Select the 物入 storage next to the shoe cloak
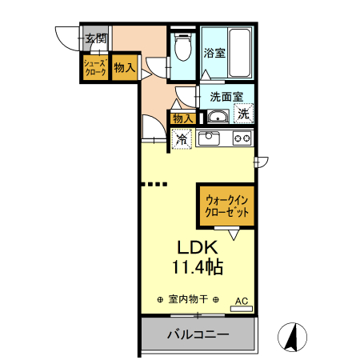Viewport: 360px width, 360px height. coord(124,68)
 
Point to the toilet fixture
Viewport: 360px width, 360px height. coord(183,50)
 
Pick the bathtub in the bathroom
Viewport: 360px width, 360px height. coord(239,51)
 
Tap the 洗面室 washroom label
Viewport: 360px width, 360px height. coord(226,96)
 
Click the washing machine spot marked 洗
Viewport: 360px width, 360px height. coord(242,114)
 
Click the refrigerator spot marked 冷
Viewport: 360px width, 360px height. coord(182,139)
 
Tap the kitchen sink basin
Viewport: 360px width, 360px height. coord(210,139)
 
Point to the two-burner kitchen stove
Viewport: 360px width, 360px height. coord(242,138)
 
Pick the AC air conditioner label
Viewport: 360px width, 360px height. coord(242,302)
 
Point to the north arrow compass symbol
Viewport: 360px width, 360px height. coord(293,337)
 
